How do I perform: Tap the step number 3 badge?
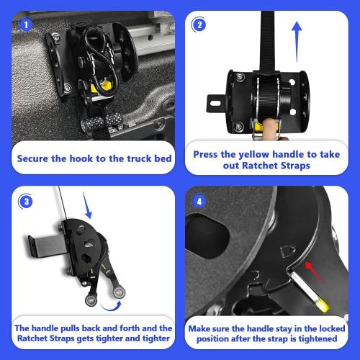click(x=27, y=202)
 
